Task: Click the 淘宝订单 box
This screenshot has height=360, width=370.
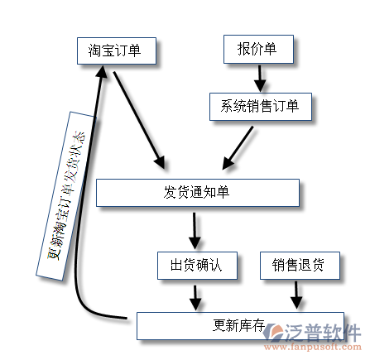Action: [117, 51]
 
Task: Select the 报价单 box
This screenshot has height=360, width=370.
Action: [258, 49]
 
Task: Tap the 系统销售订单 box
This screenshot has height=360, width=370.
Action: [261, 107]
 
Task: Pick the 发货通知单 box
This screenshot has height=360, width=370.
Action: [198, 193]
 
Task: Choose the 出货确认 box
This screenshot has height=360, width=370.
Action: [197, 266]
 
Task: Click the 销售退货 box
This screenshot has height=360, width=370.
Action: [300, 266]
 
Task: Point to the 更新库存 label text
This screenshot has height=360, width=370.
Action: [239, 325]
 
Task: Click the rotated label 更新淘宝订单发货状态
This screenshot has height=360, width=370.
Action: [65, 196]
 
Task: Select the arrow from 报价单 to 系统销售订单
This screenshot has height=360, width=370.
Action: [260, 79]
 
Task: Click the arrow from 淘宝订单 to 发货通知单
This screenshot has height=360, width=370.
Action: [139, 120]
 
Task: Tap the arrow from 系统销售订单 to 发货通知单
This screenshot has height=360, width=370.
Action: [238, 148]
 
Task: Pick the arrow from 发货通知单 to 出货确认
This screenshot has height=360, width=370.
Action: [195, 231]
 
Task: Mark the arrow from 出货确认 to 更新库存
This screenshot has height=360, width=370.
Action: [195, 298]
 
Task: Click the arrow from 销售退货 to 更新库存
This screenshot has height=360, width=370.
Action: [296, 295]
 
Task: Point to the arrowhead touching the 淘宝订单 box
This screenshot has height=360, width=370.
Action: [101, 71]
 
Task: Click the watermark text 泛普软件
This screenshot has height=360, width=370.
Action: [322, 333]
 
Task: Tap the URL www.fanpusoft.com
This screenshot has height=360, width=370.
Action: [313, 347]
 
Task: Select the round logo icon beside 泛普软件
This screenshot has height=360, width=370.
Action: [272, 332]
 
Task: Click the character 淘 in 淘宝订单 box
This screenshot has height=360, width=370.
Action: [94, 51]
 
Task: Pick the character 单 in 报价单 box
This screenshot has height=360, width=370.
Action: [271, 49]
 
